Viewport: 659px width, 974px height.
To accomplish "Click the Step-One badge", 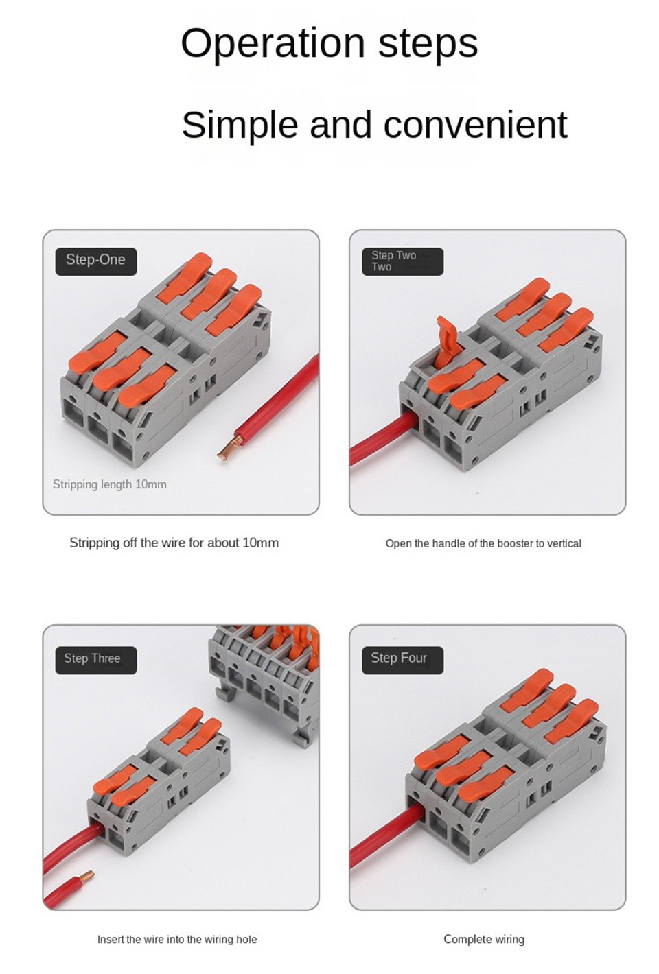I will pos(95,261).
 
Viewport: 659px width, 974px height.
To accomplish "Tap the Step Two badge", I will pos(402,261).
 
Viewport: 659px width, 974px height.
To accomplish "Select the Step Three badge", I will pos(95,659).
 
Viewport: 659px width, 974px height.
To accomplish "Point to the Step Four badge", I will pos(402,659).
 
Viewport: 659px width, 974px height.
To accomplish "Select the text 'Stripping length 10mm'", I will pos(110,484).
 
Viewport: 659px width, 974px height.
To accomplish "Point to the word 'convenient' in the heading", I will pos(475,125).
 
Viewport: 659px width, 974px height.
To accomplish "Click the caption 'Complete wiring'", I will pos(483,939).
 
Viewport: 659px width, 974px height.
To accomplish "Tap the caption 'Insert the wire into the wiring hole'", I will pos(177,939).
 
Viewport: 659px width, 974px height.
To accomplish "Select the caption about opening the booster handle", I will pos(483,543).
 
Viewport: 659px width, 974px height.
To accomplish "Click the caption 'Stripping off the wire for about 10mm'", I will pos(174,543).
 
